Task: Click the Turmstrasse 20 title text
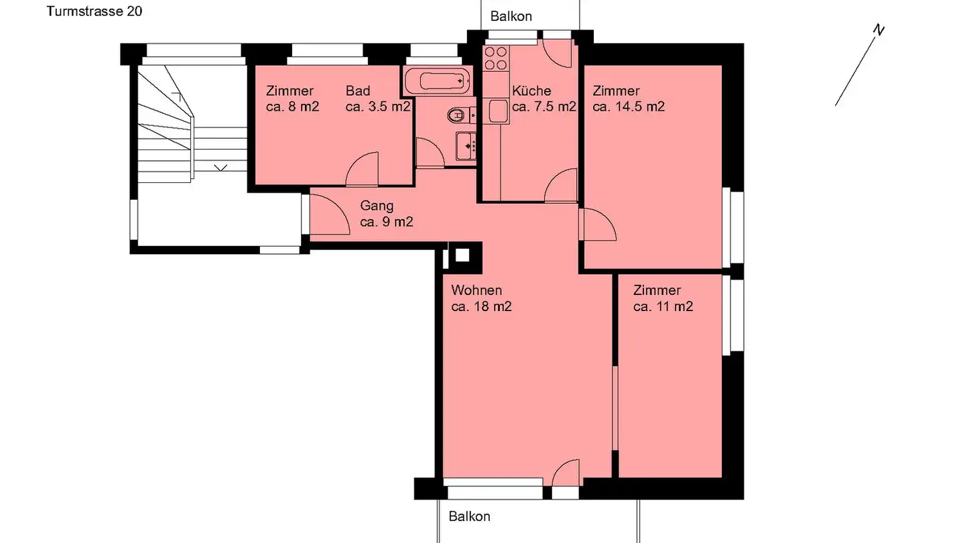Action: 94,11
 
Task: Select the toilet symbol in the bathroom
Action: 457,116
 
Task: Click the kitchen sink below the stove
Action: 498,111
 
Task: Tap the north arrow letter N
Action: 879,29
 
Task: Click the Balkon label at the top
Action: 511,16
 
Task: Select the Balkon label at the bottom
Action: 469,516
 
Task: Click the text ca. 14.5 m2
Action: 629,107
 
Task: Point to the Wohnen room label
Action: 476,290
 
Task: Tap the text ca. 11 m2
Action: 663,307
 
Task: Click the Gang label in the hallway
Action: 377,206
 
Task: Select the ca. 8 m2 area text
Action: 292,107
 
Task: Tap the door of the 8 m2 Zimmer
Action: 363,171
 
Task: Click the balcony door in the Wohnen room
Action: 566,473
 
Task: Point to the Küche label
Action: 531,91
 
